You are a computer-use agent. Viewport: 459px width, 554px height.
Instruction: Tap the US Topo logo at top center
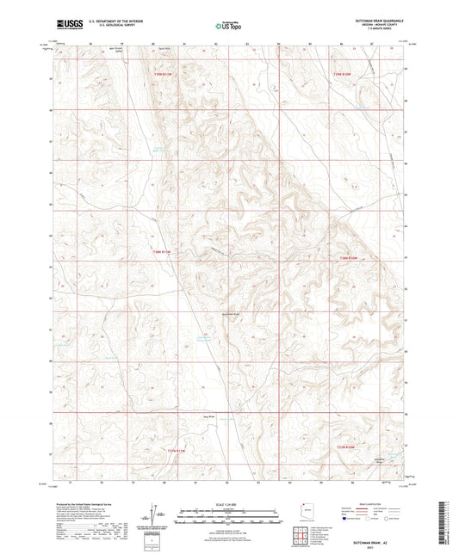point(228,26)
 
